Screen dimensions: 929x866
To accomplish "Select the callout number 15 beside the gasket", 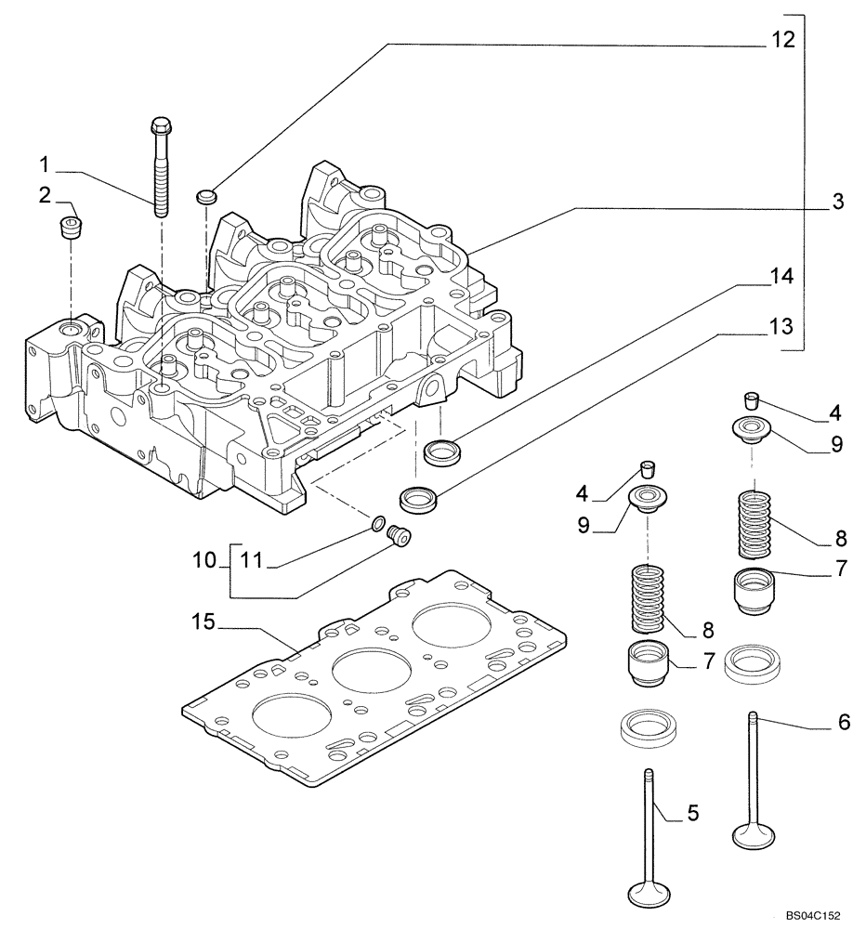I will [x=203, y=621].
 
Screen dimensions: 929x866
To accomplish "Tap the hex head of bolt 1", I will [x=159, y=124].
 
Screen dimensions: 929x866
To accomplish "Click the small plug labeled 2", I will [x=70, y=227].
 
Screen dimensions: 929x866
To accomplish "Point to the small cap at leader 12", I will [x=206, y=195].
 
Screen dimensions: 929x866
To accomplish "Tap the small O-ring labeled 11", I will [x=378, y=528].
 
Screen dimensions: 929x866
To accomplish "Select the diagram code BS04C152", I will [x=810, y=915].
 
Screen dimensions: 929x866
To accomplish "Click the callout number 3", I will [x=837, y=203].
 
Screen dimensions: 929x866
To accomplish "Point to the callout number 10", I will [x=206, y=560].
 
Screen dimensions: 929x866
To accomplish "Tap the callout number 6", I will [x=843, y=722].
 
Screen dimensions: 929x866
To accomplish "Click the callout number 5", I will [x=692, y=814].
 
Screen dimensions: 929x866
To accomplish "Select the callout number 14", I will [x=781, y=276].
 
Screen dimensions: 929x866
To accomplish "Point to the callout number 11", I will [x=251, y=560].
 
